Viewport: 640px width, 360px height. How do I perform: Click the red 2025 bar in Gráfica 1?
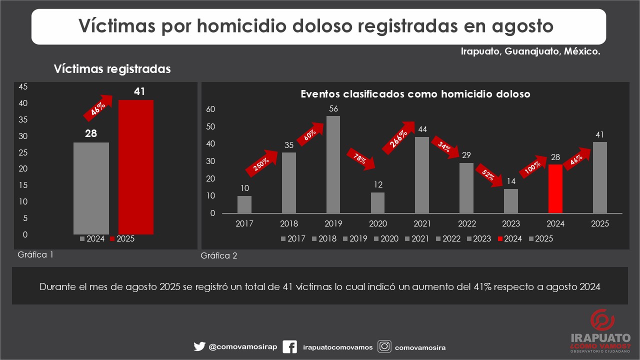pos(135,167)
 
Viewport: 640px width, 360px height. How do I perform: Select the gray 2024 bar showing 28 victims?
pos(91,188)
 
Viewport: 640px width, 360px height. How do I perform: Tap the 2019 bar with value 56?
pos(333,164)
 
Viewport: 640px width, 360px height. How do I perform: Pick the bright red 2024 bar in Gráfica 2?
pos(555,188)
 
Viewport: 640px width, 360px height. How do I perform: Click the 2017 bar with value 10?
pos(244,204)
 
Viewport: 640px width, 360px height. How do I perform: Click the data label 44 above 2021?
pos(422,129)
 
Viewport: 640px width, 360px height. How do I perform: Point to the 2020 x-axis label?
pos(377,224)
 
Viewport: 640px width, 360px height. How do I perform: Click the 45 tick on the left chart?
pos(23,86)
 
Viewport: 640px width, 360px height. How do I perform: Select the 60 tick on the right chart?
pos(210,109)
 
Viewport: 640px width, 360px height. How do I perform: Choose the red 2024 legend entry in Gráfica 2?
pos(509,239)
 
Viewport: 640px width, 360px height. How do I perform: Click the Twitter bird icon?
pos(199,346)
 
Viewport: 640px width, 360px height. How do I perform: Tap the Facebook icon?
pos(289,347)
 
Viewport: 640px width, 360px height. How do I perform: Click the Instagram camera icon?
pos(384,346)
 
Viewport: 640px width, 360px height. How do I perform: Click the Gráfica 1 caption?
pos(35,254)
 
